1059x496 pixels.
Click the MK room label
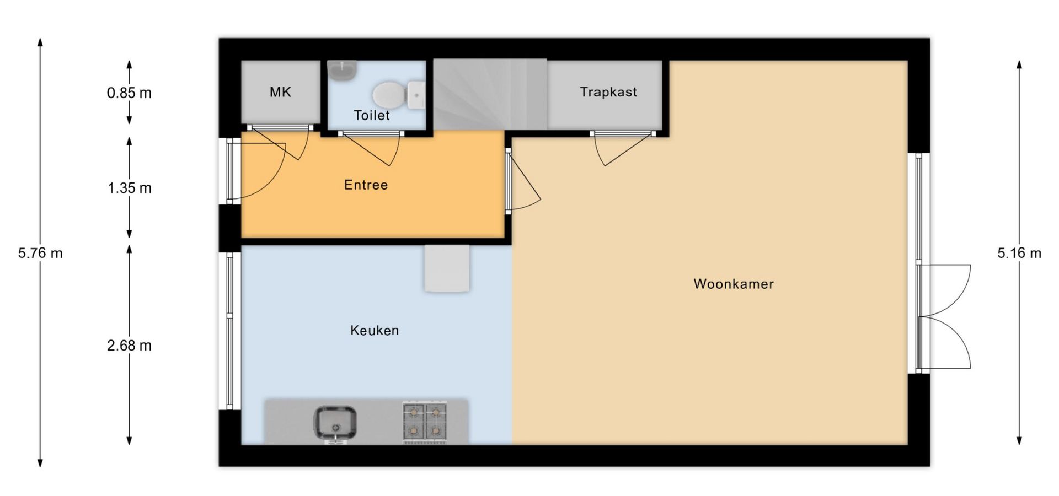pyautogui.click(x=280, y=92)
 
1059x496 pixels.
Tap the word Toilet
pyautogui.click(x=372, y=115)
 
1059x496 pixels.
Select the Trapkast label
pyautogui.click(x=608, y=92)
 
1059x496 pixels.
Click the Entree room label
pyautogui.click(x=366, y=185)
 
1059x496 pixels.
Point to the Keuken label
pyautogui.click(x=375, y=330)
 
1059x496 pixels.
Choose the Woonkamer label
pyautogui.click(x=734, y=284)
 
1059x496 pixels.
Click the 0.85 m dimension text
pyautogui.click(x=129, y=93)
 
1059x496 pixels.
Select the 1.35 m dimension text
pyautogui.click(x=129, y=188)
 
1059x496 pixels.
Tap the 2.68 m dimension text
pyautogui.click(x=129, y=346)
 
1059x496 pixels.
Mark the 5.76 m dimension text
pyautogui.click(x=40, y=253)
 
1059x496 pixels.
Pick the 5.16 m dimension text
pyautogui.click(x=1019, y=253)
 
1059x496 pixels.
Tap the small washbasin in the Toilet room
pyautogui.click(x=343, y=71)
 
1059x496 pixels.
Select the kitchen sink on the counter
pyautogui.click(x=335, y=423)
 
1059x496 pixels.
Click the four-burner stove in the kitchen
pyautogui.click(x=424, y=422)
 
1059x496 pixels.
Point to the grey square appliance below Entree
pyautogui.click(x=447, y=268)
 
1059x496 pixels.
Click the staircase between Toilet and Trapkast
pyautogui.click(x=490, y=94)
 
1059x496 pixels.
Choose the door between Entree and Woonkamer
pyautogui.click(x=522, y=182)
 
